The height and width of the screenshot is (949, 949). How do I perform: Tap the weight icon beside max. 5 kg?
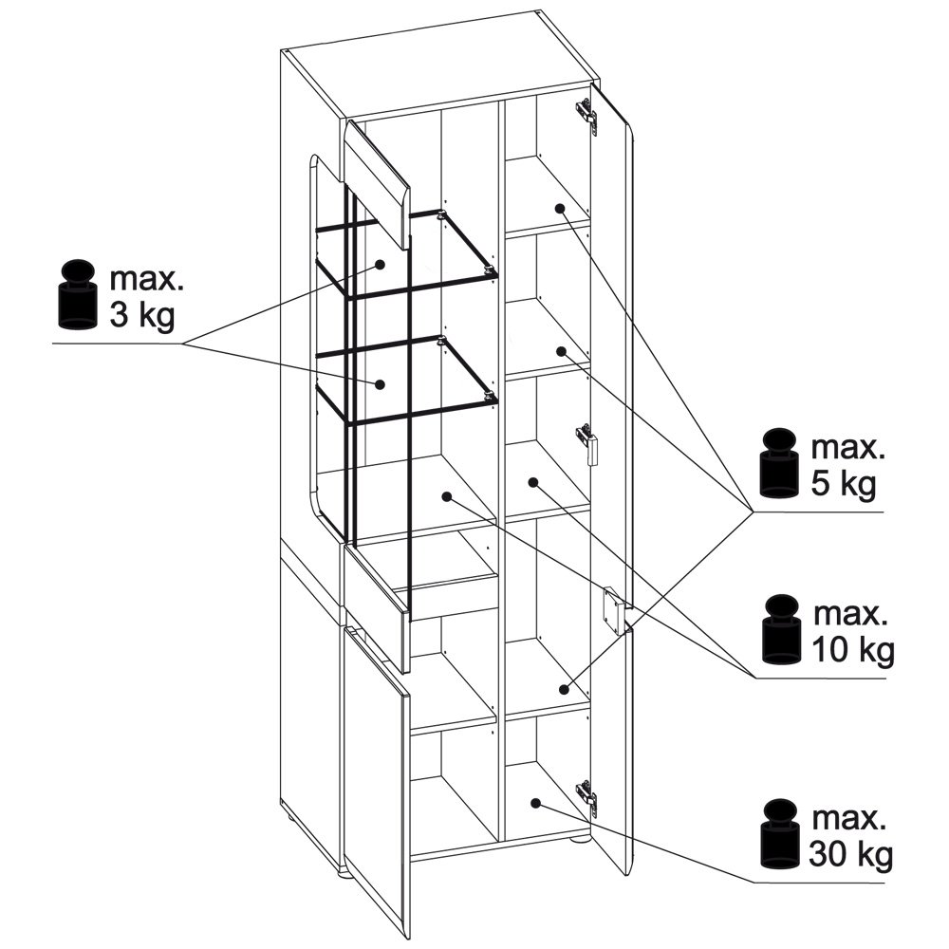tap(779, 463)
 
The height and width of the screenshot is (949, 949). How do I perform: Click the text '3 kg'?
tap(141, 315)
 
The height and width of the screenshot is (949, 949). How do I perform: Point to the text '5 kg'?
tap(843, 484)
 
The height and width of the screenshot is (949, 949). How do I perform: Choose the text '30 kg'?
tap(850, 855)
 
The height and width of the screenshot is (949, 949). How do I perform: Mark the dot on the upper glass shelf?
tap(381, 265)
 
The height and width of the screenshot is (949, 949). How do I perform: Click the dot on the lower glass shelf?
tap(381, 383)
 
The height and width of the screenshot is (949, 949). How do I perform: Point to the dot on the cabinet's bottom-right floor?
tap(535, 803)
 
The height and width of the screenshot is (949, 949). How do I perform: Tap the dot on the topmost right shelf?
tap(560, 208)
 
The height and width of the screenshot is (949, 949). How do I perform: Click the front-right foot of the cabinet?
tap(579, 839)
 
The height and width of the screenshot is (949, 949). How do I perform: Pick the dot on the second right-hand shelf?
tap(561, 351)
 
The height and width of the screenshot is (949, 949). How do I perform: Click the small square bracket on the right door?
tap(612, 610)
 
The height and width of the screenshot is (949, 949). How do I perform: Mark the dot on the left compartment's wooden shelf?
tap(447, 496)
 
